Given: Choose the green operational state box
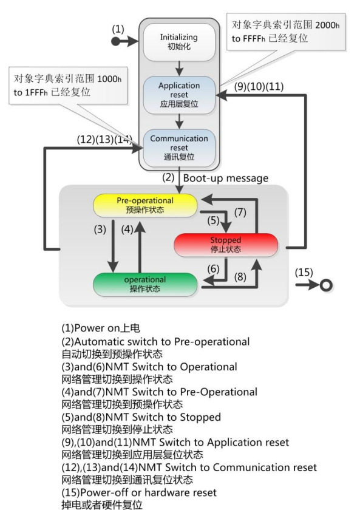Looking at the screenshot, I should click(x=145, y=284).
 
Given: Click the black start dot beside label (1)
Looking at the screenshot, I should click(x=115, y=41).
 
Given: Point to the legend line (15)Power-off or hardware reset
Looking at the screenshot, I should click(x=148, y=491).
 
